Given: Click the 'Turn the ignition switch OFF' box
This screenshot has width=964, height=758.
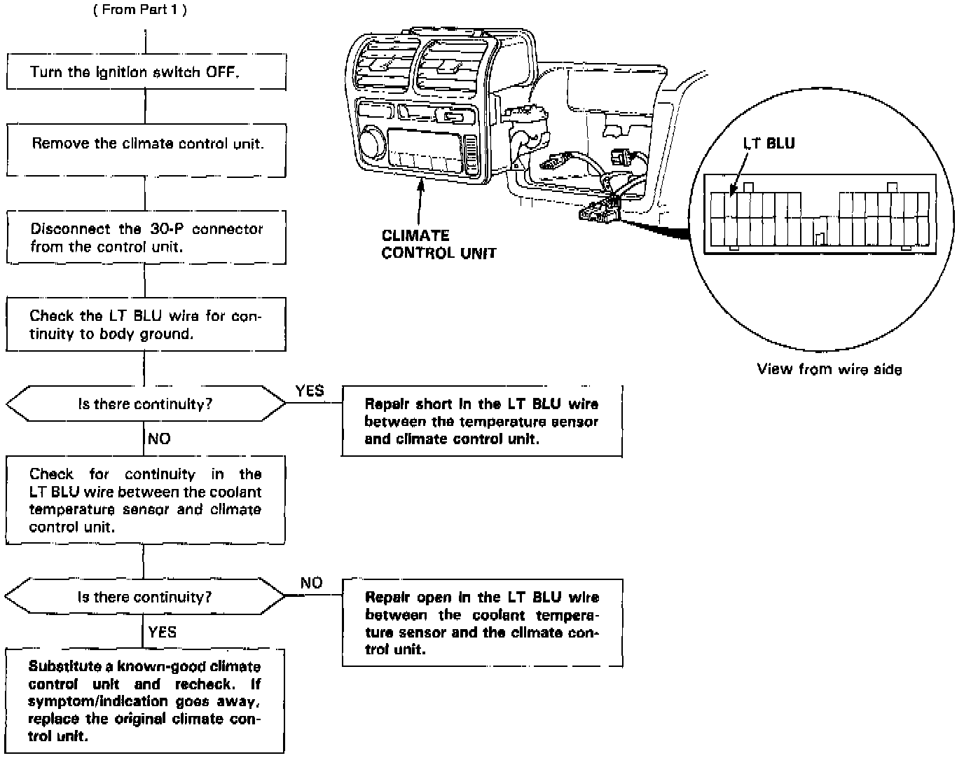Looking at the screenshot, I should click(146, 71).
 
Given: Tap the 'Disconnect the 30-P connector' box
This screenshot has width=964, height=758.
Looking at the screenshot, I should click(146, 237).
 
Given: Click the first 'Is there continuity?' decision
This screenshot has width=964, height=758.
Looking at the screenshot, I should click(146, 404).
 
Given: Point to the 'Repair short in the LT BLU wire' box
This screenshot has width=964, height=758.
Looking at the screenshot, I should click(482, 421).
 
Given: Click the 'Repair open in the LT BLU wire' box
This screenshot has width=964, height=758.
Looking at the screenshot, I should click(482, 623).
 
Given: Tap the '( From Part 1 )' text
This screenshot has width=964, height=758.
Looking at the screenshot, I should click(140, 11).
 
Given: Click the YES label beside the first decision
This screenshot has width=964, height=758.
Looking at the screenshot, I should click(310, 391).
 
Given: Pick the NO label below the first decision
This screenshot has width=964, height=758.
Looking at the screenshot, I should click(160, 439).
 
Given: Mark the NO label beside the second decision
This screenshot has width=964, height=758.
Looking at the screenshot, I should click(311, 584).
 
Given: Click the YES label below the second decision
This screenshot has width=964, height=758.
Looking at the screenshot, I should click(162, 633).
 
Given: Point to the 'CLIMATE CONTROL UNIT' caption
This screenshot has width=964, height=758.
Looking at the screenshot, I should click(439, 244).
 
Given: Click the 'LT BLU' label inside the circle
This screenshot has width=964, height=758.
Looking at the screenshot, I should click(769, 144).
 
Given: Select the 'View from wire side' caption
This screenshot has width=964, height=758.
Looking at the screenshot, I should click(829, 369).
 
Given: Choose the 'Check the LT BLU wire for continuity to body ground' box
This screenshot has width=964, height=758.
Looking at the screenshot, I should click(146, 324).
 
